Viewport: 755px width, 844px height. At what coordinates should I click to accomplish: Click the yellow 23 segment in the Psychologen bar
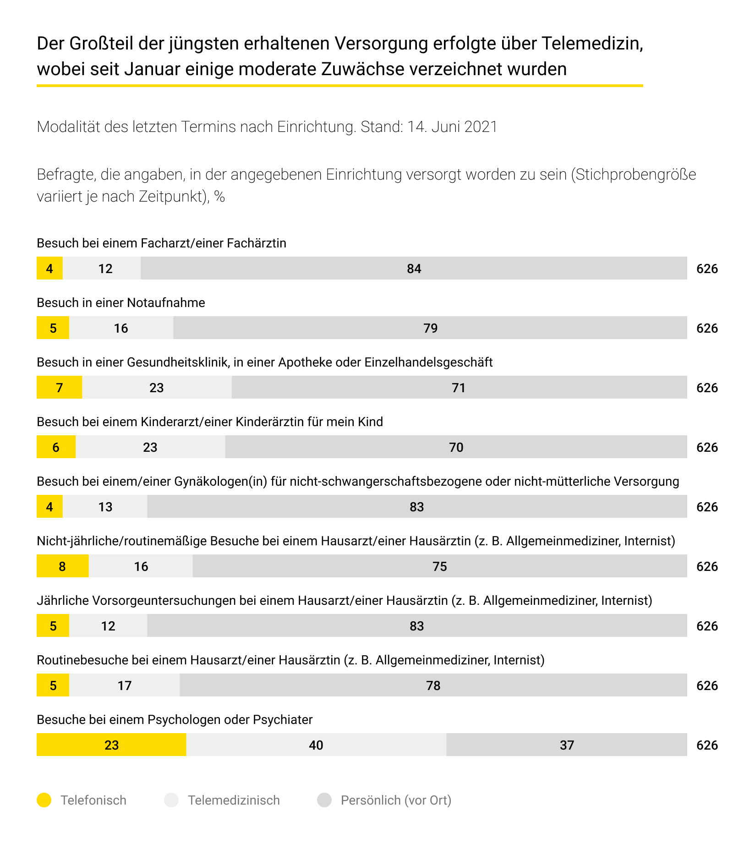point(111,745)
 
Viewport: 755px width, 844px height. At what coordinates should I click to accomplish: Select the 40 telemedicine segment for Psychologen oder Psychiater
point(316,745)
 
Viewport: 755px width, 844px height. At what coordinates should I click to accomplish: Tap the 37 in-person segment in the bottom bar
point(567,745)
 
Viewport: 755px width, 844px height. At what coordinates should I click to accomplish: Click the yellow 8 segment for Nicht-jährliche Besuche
point(62,566)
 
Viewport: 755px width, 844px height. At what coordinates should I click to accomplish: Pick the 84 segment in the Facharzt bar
point(414,268)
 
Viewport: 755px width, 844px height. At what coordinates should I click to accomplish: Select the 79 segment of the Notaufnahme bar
point(430,328)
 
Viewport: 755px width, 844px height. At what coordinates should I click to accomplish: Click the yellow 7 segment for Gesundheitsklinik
point(59,387)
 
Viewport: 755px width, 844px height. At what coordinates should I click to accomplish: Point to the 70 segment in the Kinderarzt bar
point(456,447)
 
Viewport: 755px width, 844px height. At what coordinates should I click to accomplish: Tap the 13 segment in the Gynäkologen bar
point(105,506)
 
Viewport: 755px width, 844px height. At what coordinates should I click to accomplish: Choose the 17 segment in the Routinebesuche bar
point(124,685)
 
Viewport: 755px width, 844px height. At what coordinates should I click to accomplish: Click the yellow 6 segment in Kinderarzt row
point(56,447)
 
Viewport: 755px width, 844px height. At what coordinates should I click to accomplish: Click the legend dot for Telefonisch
point(44,800)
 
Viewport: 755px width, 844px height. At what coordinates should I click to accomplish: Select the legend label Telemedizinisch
point(234,800)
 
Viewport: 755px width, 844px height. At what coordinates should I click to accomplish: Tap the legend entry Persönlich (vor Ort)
point(396,800)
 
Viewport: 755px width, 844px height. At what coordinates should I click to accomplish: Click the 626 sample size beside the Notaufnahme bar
point(707,328)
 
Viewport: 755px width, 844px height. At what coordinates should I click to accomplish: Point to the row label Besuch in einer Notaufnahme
point(121,303)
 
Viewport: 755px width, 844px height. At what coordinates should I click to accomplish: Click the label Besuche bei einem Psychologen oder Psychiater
point(175,720)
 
